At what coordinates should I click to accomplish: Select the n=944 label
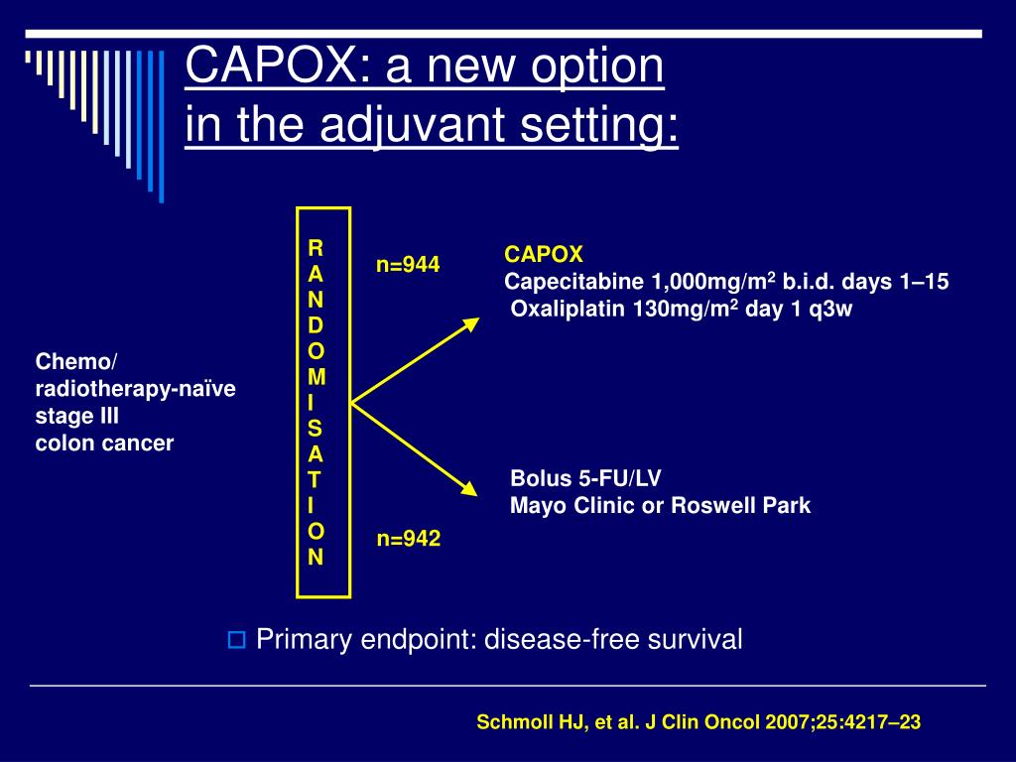point(407,265)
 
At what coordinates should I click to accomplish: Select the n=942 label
point(408,539)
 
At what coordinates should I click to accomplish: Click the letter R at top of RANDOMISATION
point(315,246)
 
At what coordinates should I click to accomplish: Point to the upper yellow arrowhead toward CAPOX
point(470,325)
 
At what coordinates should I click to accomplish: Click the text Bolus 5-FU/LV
point(585,478)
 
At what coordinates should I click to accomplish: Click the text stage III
point(76,416)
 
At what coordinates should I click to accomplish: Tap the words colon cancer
point(104,444)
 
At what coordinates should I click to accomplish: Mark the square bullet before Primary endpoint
point(236,640)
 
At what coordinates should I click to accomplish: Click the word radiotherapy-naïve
point(135,389)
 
